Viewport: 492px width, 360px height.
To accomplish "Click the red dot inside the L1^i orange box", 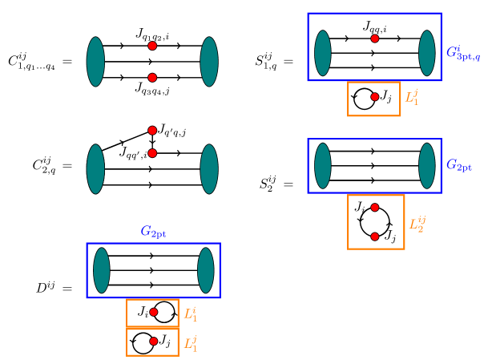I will (x=154, y=312).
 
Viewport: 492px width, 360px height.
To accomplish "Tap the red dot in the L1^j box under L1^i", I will (x=154, y=342).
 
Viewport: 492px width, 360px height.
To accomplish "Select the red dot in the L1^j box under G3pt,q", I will (x=375, y=97).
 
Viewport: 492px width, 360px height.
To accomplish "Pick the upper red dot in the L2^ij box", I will (x=375, y=208).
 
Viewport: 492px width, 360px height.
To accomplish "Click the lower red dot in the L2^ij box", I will (x=375, y=237).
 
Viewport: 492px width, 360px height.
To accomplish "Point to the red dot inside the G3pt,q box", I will (x=375, y=38).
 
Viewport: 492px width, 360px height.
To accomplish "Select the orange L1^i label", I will (x=190, y=313).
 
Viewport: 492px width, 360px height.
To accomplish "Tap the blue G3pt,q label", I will (x=463, y=53).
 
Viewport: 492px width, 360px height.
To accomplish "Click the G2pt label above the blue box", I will (x=153, y=232).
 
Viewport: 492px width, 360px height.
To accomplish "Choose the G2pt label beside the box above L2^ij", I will (x=459, y=165).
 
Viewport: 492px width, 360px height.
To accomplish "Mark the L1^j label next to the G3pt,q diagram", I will (x=411, y=97).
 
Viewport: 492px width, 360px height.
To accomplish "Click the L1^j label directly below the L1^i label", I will (x=190, y=343).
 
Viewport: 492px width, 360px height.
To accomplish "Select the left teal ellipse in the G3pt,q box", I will (x=323, y=53).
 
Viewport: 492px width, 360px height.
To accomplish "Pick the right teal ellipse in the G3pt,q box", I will (x=427, y=53).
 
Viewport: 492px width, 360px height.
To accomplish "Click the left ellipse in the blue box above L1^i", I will (x=102, y=270).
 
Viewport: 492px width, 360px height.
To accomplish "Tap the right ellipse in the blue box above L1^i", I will (x=206, y=270).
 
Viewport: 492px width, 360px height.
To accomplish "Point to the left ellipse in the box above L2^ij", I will (x=323, y=166).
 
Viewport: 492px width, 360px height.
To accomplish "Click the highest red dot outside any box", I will (x=152, y=46).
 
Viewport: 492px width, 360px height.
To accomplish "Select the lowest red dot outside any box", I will (x=152, y=153).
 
